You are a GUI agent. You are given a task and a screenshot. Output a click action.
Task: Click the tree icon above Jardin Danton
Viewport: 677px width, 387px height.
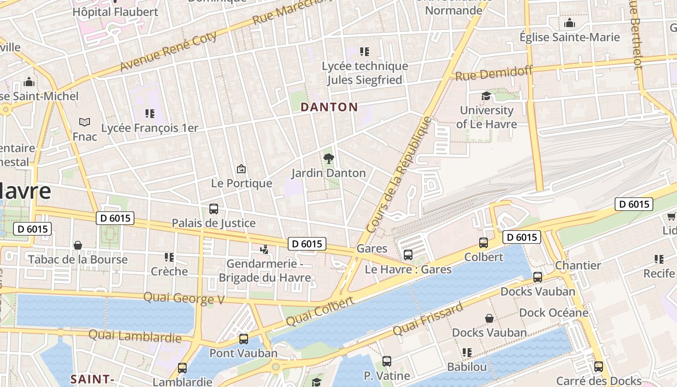(x=328, y=158)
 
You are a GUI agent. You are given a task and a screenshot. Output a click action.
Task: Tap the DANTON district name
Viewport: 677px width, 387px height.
(x=329, y=107)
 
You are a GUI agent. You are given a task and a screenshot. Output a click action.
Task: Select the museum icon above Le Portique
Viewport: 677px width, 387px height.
(x=241, y=169)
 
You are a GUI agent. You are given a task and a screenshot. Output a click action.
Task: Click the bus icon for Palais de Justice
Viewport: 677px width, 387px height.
(x=213, y=209)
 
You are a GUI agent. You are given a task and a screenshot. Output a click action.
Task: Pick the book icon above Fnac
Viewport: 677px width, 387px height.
(x=85, y=122)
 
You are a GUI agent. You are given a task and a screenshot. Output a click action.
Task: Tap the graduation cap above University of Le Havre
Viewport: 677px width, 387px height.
(x=486, y=96)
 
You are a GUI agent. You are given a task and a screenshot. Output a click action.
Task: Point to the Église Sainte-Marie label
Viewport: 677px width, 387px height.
(x=569, y=37)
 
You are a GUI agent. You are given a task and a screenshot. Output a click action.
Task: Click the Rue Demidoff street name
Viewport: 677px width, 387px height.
(x=493, y=74)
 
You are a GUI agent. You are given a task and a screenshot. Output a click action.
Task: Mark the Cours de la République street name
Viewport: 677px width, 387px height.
(x=399, y=174)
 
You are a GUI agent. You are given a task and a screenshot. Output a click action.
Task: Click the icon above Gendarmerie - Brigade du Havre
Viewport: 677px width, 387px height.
(x=264, y=250)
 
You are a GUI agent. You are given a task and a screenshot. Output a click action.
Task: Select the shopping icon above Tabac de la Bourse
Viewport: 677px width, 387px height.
(x=78, y=245)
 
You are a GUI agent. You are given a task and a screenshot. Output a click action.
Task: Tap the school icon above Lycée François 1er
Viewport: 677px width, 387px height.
(x=149, y=114)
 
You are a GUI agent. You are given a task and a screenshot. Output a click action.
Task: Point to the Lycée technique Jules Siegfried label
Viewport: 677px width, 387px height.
(x=365, y=73)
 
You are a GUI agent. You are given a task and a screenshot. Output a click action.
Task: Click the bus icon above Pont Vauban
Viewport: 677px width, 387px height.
(x=244, y=339)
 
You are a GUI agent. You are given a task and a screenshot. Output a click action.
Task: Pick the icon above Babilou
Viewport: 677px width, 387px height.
(x=467, y=353)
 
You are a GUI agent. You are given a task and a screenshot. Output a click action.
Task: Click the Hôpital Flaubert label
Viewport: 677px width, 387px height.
(x=115, y=12)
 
